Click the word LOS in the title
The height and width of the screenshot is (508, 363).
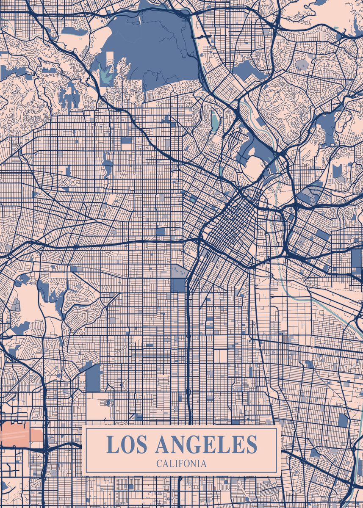click(x=127, y=444)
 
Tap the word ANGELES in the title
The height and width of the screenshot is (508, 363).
click(x=206, y=444)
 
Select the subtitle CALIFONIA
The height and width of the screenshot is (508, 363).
click(x=182, y=464)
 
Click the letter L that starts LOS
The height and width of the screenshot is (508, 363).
click(x=112, y=444)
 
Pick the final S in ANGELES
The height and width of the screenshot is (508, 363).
click(x=251, y=444)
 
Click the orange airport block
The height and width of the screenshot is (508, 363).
click(x=21, y=435)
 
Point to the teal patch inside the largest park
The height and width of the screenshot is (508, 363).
click(x=106, y=76)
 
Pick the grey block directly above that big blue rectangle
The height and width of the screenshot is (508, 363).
click(x=178, y=271)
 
